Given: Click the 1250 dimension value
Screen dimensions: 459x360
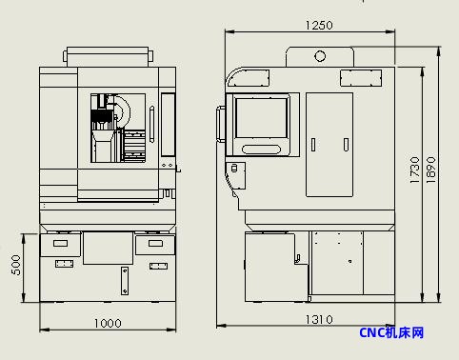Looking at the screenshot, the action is (x=319, y=25).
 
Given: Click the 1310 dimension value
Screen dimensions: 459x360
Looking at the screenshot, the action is (x=319, y=319).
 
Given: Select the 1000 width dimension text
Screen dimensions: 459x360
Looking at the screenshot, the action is (x=108, y=323).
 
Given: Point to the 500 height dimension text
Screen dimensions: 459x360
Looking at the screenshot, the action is (x=16, y=265).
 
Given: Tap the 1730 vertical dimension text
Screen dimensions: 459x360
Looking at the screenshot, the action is (x=414, y=170).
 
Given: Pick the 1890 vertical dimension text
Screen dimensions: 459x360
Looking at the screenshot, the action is (x=430, y=170).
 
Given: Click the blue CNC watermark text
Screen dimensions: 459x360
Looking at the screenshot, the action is (x=391, y=332).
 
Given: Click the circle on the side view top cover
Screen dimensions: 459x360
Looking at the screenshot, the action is (x=320, y=56).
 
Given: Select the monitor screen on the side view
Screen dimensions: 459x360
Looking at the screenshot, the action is (x=262, y=118).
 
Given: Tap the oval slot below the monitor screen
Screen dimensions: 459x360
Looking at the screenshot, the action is (x=262, y=150).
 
